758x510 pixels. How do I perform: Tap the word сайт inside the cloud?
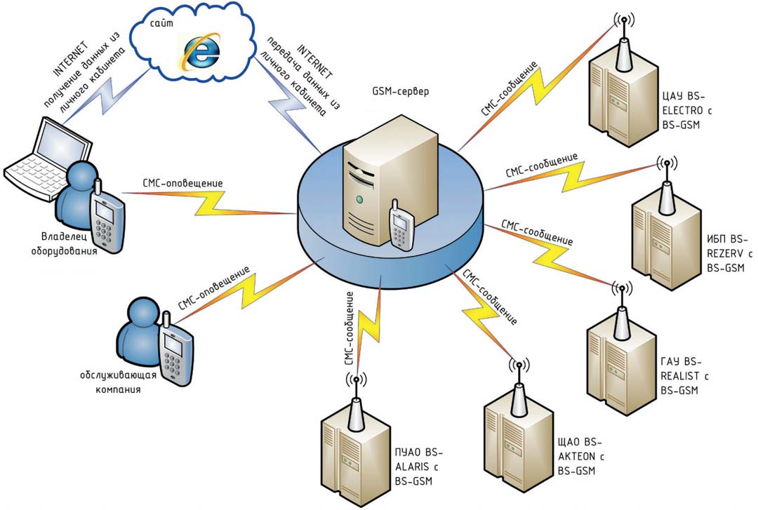(161, 23)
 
